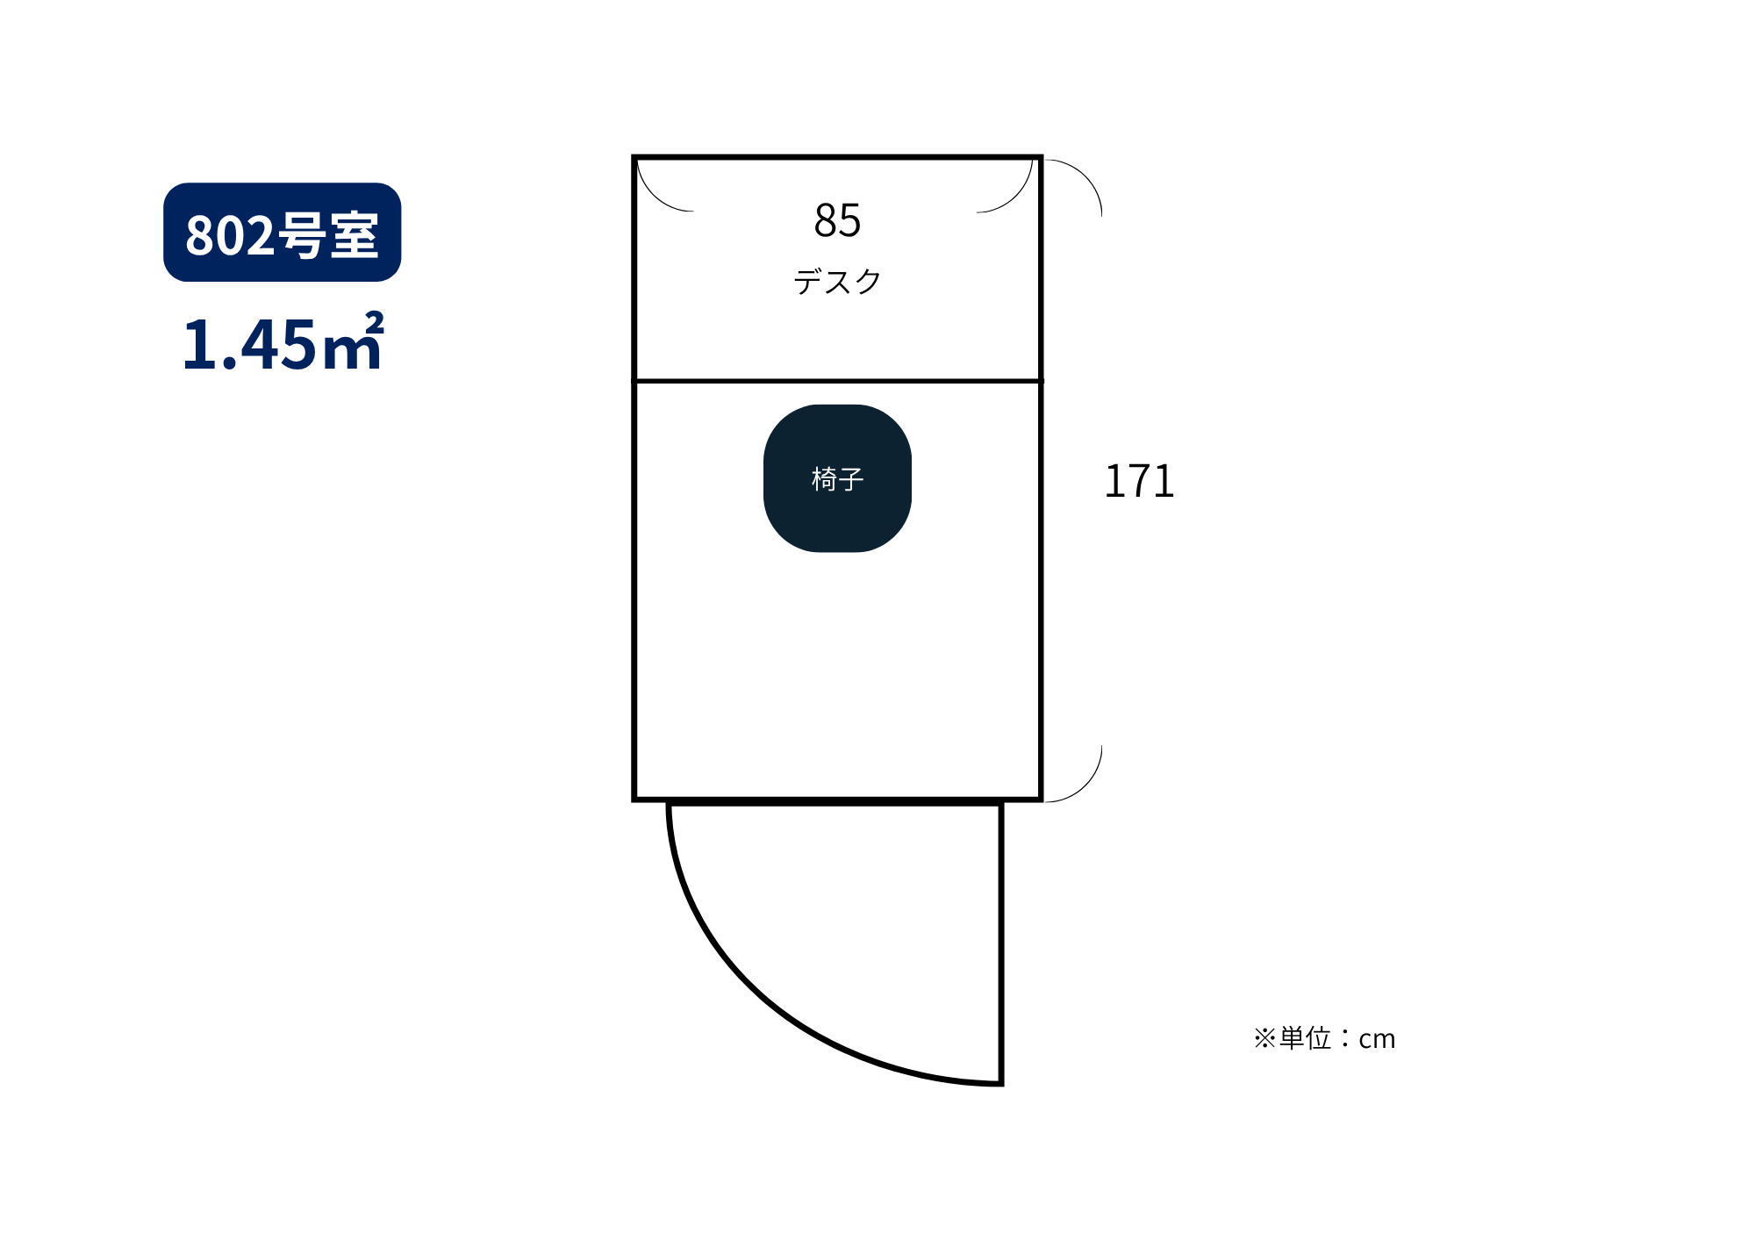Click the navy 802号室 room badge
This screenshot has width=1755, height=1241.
[282, 233]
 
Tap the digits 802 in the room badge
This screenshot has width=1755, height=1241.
[230, 235]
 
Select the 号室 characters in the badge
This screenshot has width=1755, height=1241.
[328, 235]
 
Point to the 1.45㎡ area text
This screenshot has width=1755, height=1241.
[283, 342]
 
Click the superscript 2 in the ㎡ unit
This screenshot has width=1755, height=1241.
[375, 321]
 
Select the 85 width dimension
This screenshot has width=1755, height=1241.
[837, 220]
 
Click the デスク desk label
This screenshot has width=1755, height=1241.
[837, 282]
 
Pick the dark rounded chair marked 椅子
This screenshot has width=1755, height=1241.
[837, 478]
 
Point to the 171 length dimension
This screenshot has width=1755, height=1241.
[1139, 482]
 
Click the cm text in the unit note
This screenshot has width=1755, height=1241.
[1377, 1039]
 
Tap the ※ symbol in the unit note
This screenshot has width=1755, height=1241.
[1264, 1038]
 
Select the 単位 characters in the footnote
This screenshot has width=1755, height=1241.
[1305, 1038]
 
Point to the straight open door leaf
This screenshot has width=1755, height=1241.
[1000, 943]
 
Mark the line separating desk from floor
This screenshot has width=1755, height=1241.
[837, 381]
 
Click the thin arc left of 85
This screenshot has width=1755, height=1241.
[653, 197]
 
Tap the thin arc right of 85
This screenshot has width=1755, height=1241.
[1017, 197]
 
